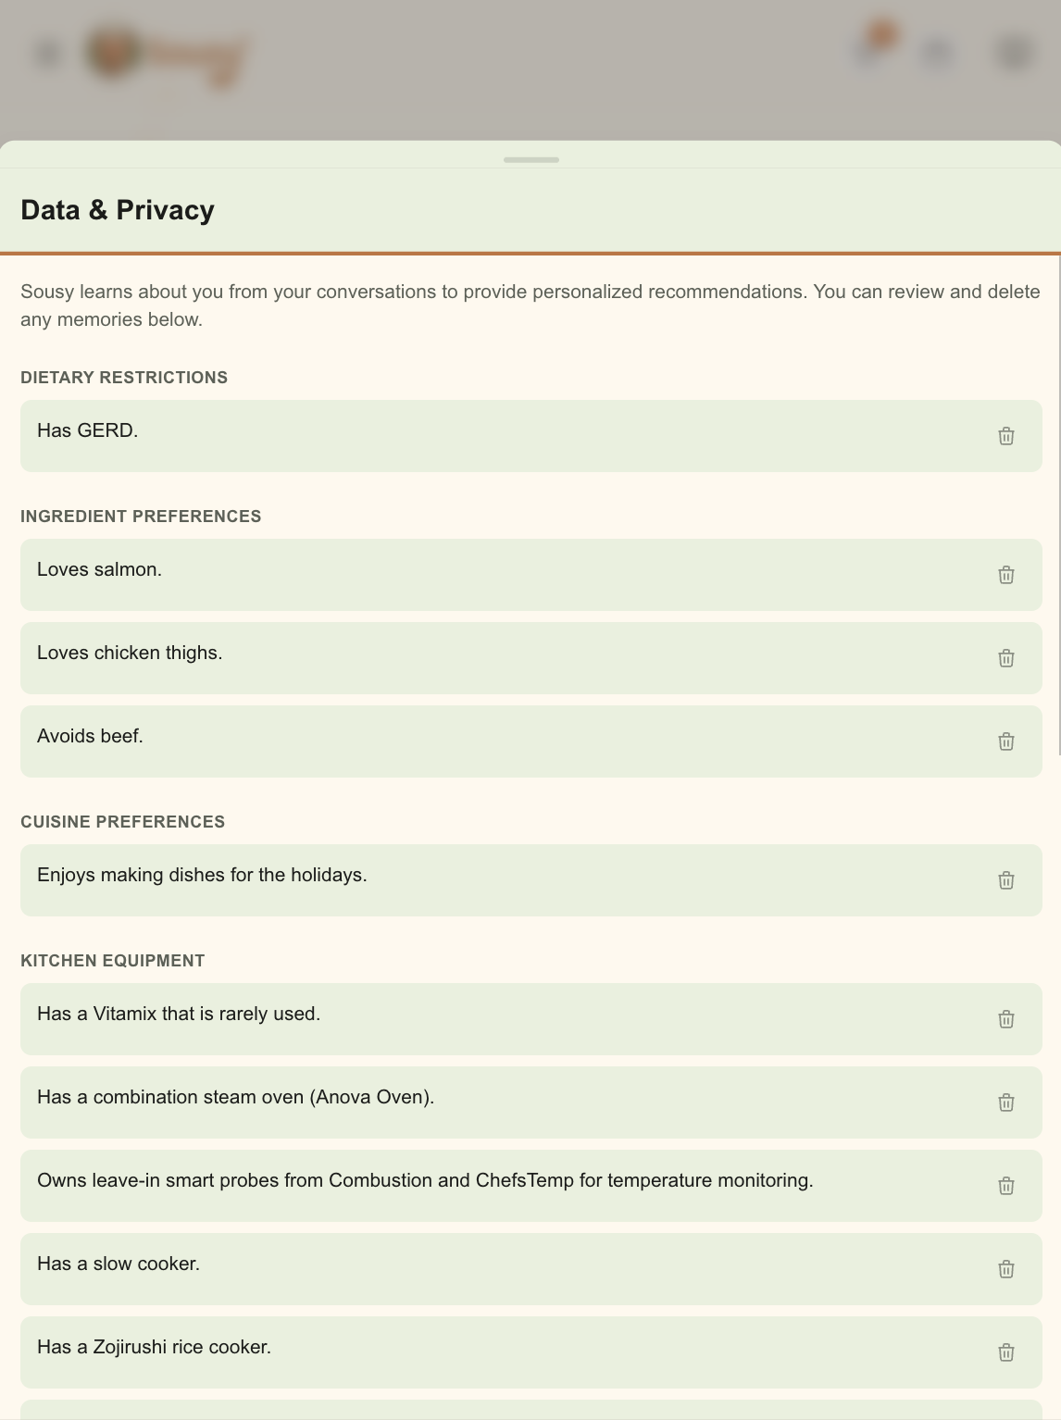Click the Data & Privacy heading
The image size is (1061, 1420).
118,210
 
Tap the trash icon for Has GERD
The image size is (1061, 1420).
1006,436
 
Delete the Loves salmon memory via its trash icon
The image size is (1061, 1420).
1006,575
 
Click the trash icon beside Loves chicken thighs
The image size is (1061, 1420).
1006,658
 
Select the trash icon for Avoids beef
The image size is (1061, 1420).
1006,741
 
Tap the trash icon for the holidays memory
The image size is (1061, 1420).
1006,880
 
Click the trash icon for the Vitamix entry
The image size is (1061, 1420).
1006,1019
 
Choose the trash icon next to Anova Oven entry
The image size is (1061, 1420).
1006,1102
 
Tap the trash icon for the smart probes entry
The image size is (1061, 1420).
1006,1186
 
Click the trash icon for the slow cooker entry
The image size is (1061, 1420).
1006,1269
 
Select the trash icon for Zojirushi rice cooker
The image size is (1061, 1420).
1006,1352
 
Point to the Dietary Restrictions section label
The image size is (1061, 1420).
124,378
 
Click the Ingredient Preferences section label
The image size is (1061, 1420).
141,517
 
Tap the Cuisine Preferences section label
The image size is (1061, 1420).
123,822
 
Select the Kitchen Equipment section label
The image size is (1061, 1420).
113,961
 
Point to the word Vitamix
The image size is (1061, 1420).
125,1014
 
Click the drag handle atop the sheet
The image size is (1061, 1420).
531,160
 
